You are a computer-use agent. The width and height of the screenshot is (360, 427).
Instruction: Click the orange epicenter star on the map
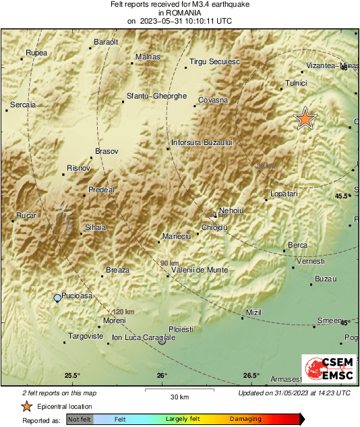305,118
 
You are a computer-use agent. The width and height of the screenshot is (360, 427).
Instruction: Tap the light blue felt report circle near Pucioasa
57,297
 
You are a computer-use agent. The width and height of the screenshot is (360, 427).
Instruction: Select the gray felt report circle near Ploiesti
162,341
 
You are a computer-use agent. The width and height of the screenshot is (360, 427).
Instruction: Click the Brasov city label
107,151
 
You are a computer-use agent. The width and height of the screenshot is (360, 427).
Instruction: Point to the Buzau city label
325,279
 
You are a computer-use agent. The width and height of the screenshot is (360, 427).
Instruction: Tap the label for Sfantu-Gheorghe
156,96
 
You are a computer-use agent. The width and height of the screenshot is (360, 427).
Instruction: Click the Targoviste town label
85,335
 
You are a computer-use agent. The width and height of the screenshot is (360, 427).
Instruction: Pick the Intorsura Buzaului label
202,143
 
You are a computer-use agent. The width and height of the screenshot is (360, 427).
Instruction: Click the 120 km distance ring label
123,312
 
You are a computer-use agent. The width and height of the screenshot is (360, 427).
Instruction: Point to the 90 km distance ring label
170,263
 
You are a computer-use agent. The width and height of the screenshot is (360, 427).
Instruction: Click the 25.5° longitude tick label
72,375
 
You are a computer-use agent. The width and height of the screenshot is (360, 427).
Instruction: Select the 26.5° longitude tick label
251,375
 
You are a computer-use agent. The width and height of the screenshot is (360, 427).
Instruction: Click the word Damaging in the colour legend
245,420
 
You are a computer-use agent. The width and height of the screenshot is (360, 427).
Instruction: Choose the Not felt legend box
80,420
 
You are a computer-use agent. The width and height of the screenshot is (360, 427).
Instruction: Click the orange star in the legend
26,406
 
